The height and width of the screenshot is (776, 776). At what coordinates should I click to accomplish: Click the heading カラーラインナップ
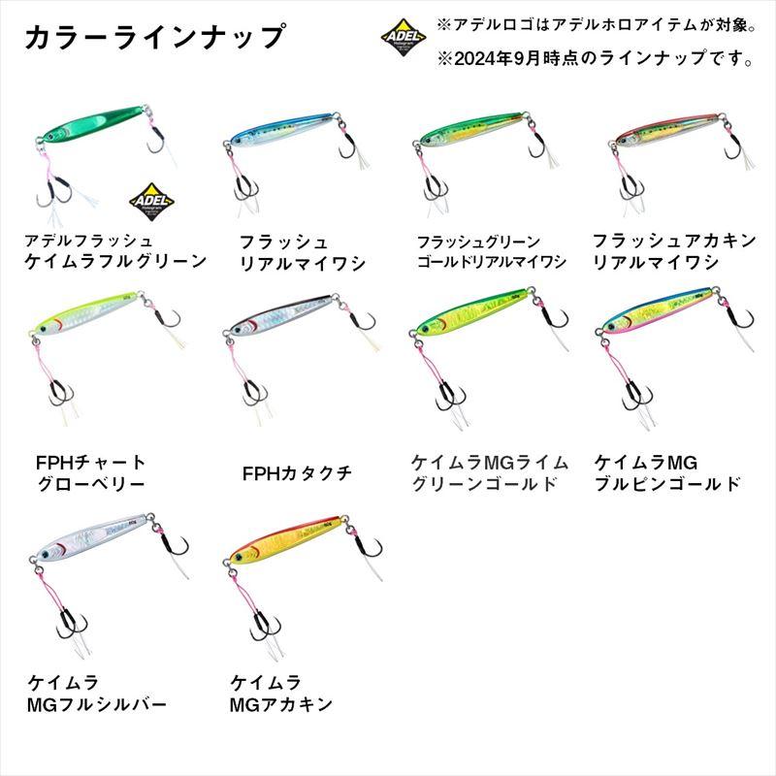(155, 37)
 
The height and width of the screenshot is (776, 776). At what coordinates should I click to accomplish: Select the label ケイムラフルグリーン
(116, 260)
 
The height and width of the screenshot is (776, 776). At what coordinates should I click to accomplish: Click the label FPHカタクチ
(296, 473)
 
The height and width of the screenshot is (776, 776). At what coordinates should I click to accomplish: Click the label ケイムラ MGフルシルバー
(97, 692)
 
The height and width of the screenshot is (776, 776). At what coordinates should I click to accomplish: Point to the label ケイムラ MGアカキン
(281, 692)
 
